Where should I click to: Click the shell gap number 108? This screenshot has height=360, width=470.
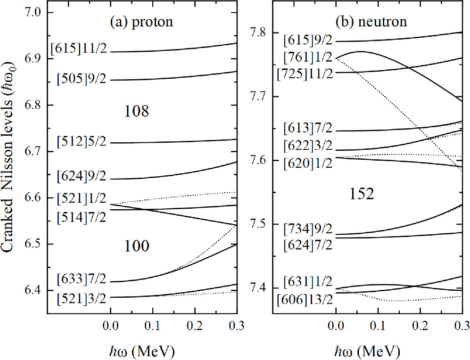[x=137, y=111]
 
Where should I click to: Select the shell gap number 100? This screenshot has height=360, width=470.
[x=137, y=245]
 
